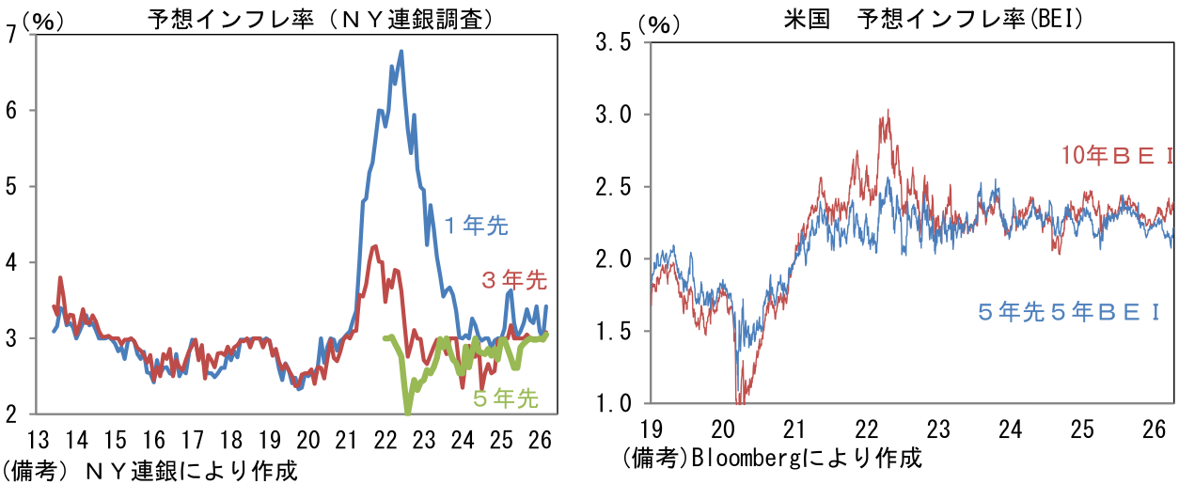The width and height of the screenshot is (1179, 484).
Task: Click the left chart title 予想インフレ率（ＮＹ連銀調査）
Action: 321,20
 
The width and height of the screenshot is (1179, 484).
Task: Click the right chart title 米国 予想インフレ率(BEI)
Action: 933,20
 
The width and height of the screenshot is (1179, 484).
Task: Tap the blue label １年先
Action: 476,226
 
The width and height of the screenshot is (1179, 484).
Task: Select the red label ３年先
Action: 514,280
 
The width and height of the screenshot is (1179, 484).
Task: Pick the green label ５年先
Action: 505,398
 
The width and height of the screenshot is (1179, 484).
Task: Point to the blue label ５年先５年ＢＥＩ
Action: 1068,313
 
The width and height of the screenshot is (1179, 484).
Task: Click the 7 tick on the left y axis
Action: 11,34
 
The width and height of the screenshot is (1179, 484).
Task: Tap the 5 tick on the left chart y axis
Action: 11,186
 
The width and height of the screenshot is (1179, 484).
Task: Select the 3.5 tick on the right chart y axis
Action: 613,42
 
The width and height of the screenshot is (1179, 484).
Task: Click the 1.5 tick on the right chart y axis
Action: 613,332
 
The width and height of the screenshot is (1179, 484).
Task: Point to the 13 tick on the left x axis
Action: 38,440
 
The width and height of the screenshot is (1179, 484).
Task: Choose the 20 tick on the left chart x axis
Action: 307,440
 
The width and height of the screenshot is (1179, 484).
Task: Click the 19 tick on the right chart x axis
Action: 651,429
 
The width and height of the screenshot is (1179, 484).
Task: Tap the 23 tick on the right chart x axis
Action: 938,429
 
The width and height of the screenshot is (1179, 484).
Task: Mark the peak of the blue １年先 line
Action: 401,51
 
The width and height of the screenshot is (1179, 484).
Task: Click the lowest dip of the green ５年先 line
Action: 407,414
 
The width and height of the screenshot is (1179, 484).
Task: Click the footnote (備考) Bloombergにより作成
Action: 772,458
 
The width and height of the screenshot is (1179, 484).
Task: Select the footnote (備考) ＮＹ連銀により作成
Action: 149,471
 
